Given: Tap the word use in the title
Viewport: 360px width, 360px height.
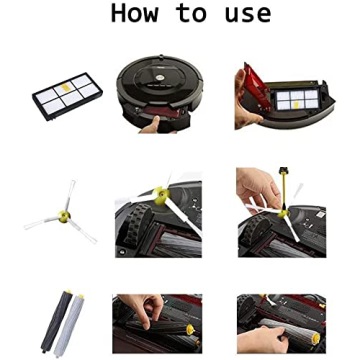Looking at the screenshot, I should point(247,14).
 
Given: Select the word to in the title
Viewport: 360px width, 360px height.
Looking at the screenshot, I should point(190,14).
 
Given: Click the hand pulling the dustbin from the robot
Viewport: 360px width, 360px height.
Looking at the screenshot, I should point(152,125).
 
